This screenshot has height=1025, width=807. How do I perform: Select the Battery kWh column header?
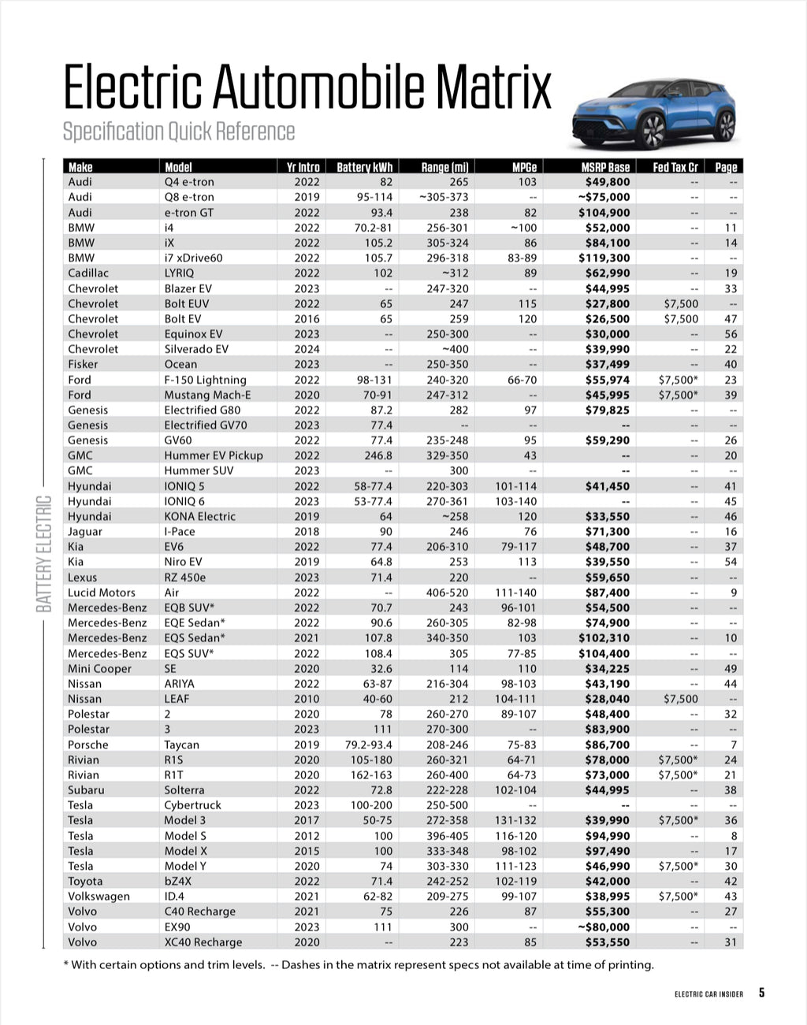point(364,167)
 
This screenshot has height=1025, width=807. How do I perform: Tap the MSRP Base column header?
point(605,167)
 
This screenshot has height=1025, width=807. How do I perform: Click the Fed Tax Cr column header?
point(675,167)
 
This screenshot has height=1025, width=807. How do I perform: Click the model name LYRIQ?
point(179,273)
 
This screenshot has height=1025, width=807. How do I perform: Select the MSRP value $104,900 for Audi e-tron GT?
point(604,213)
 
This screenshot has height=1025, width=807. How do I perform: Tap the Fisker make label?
point(83,364)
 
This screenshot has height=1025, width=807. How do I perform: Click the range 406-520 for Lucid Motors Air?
point(447,592)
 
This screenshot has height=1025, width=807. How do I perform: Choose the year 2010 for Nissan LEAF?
point(307,699)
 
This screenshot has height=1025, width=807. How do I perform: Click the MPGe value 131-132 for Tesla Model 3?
point(515,820)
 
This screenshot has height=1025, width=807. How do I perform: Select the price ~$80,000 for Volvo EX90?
point(604,927)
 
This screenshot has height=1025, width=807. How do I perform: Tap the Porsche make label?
point(88,745)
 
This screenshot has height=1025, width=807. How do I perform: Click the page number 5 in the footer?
point(761,993)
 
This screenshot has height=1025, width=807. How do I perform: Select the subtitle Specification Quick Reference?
point(179,131)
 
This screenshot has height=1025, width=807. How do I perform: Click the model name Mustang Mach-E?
point(206,395)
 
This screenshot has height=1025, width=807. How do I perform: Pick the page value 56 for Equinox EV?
point(731,334)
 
